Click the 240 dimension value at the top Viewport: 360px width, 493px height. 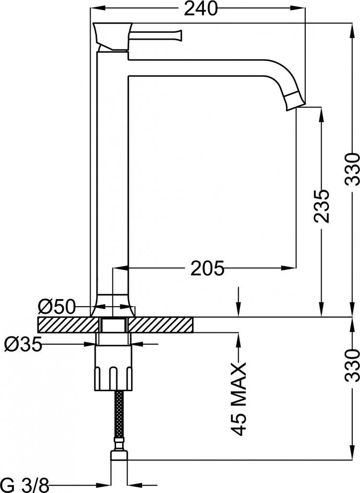pyautogui.click(x=201, y=9)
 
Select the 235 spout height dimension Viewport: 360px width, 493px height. pyautogui.click(x=321, y=206)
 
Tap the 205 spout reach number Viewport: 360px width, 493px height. pyautogui.click(x=207, y=268)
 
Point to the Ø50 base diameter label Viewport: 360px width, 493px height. pyautogui.click(x=57, y=307)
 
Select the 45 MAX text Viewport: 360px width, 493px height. pyautogui.click(x=239, y=399)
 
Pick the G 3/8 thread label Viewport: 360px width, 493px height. pyautogui.click(x=25, y=485)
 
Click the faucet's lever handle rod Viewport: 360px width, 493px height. pyautogui.click(x=156, y=35)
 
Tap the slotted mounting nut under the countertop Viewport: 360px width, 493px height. pyautogui.click(x=113, y=368)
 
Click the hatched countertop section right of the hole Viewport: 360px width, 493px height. pyautogui.click(x=160, y=325)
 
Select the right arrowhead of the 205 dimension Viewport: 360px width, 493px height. pyautogui.click(x=288, y=268)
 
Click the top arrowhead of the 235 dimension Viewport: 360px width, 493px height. pyautogui.click(x=321, y=114)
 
